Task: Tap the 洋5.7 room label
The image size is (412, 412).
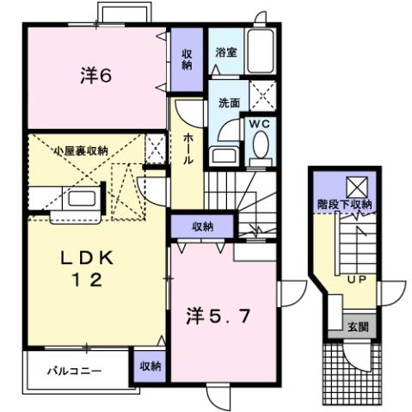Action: pyautogui.click(x=220, y=316)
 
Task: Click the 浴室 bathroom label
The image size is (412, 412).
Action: pyautogui.click(x=227, y=52)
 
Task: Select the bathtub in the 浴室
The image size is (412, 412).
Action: pyautogui.click(x=259, y=52)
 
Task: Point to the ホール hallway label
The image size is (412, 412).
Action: pyautogui.click(x=188, y=149)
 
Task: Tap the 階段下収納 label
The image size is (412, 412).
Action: pyautogui.click(x=342, y=205)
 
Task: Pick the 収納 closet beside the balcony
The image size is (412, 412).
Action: pyautogui.click(x=150, y=366)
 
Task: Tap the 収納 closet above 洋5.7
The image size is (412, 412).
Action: pyautogui.click(x=202, y=226)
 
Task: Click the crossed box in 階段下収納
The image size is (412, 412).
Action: pyautogui.click(x=355, y=185)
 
